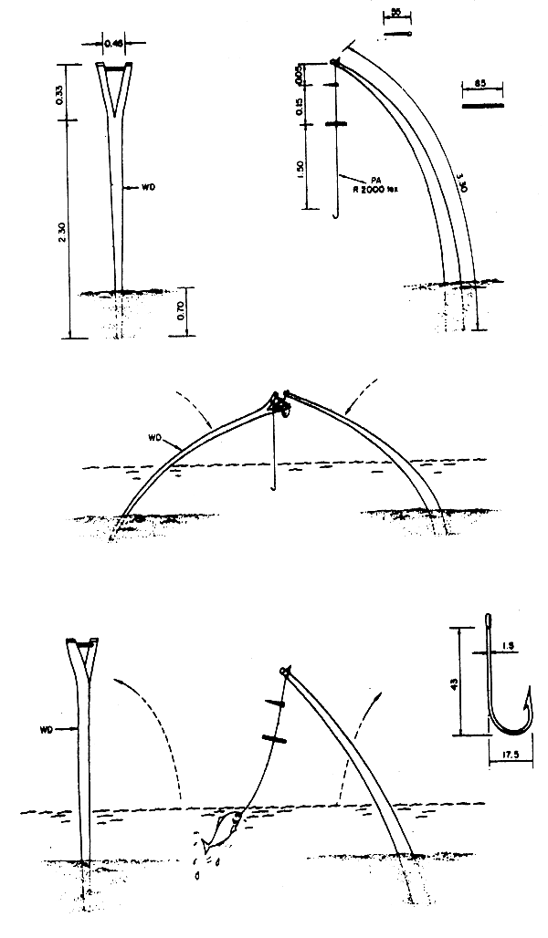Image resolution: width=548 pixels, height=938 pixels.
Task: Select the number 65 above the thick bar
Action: [482, 85]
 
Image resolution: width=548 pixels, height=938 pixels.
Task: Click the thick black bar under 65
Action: [483, 106]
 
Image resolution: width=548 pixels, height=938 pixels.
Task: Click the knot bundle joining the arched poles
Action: [277, 402]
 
